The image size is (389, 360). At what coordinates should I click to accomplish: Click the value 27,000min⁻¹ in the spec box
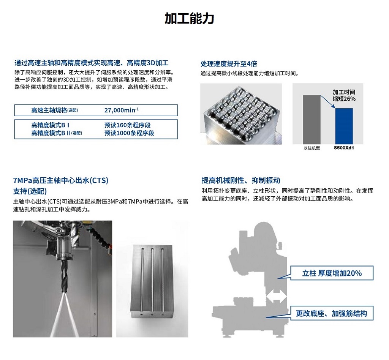[x=121, y=110]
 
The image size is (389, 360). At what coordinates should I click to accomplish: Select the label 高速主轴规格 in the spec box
[x=49, y=111]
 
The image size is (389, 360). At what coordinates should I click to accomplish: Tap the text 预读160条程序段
[x=128, y=125]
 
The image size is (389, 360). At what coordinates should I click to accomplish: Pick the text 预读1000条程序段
[x=129, y=133]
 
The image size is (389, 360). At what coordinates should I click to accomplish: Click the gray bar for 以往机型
[x=312, y=120]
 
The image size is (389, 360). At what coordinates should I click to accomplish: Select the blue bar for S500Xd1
[x=344, y=126]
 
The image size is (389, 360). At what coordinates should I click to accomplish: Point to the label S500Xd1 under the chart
[x=343, y=148]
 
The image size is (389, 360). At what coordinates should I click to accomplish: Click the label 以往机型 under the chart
[x=312, y=148]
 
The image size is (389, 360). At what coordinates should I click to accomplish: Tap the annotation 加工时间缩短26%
[x=344, y=95]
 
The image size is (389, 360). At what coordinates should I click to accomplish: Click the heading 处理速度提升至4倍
[x=229, y=64]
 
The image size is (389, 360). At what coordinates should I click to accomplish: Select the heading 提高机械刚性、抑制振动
[x=240, y=180]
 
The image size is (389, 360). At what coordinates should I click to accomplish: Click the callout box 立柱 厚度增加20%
[x=332, y=273]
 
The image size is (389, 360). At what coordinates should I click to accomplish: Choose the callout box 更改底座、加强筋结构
[x=332, y=313]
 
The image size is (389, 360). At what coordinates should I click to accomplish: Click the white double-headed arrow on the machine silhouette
[x=277, y=296]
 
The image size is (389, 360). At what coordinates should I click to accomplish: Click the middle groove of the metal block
[x=152, y=281]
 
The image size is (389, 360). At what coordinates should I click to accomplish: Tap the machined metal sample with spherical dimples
[x=241, y=114]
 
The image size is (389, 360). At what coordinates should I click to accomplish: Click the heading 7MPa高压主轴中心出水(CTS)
[x=61, y=180]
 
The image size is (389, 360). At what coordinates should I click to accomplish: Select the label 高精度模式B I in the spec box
[x=51, y=125]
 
